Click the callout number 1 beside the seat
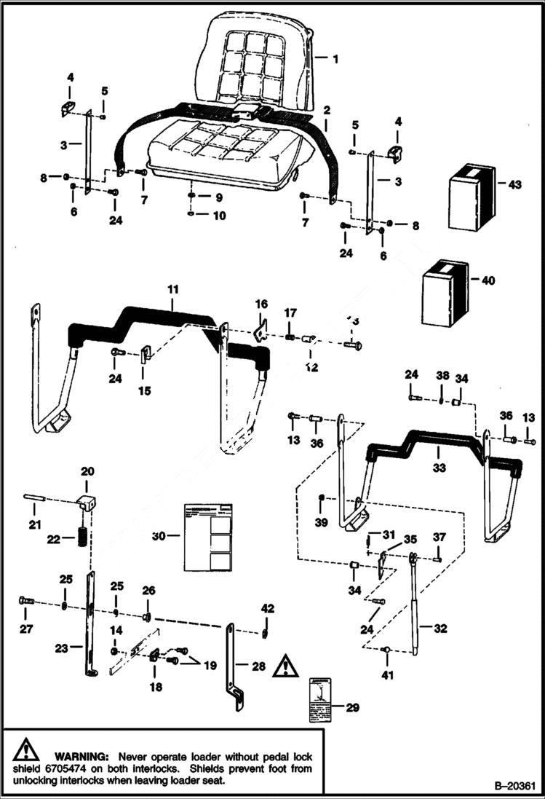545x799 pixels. pyautogui.click(x=335, y=59)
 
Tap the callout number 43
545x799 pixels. pyautogui.click(x=514, y=185)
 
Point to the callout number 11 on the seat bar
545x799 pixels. pyautogui.click(x=172, y=290)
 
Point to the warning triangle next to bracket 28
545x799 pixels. pyautogui.click(x=286, y=666)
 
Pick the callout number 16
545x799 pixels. pyautogui.click(x=261, y=303)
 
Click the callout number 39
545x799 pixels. pyautogui.click(x=320, y=523)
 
